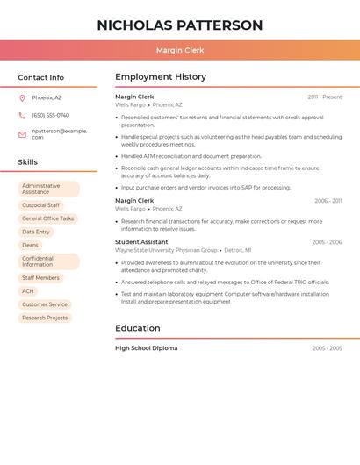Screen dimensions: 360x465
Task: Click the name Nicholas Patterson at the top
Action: [180, 25]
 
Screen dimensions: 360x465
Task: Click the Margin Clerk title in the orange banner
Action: [180, 50]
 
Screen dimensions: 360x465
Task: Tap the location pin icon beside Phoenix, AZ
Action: [22, 97]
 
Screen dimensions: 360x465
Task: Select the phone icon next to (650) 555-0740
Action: [22, 115]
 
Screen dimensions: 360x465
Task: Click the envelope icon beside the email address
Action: [22, 134]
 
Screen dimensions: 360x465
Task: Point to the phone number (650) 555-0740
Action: [50, 115]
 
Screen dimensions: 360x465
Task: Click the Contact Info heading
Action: [41, 77]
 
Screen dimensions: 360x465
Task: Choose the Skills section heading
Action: [28, 162]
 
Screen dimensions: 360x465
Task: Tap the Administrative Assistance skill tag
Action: [48, 189]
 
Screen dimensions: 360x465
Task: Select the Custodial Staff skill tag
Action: [41, 205]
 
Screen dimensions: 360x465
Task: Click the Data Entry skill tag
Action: [36, 232]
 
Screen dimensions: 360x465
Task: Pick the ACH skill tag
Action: [28, 291]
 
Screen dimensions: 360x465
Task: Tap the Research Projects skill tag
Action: [45, 318]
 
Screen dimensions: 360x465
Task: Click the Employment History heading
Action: [161, 77]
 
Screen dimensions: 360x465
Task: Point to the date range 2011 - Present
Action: [325, 97]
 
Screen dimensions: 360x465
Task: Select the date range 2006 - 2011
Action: [328, 201]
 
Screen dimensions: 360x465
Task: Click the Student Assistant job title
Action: [141, 242]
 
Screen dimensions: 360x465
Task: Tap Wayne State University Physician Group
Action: [166, 250]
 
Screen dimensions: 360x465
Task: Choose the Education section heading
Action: [138, 328]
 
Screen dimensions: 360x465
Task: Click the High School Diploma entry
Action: [146, 348]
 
